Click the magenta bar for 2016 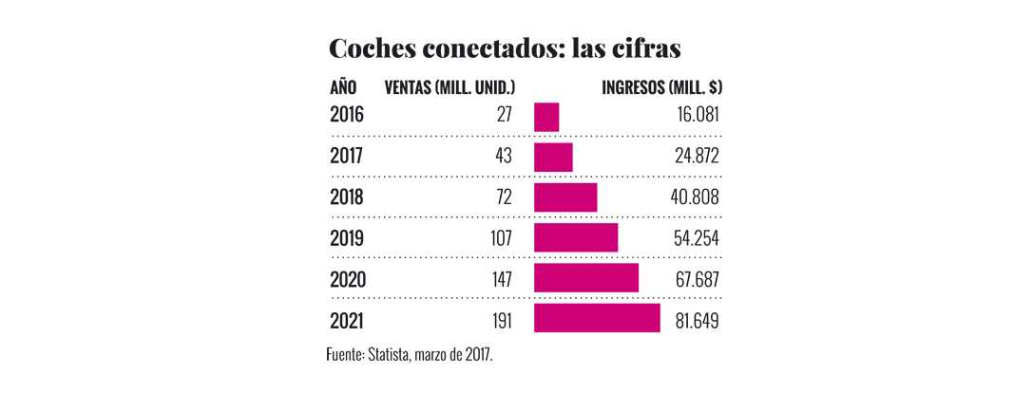(546, 116)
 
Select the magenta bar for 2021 (597, 319)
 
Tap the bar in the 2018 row (565, 197)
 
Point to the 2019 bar (576, 238)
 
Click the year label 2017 (347, 157)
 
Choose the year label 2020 (347, 280)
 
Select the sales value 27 (504, 116)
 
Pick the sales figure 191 (499, 321)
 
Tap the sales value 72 (503, 197)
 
